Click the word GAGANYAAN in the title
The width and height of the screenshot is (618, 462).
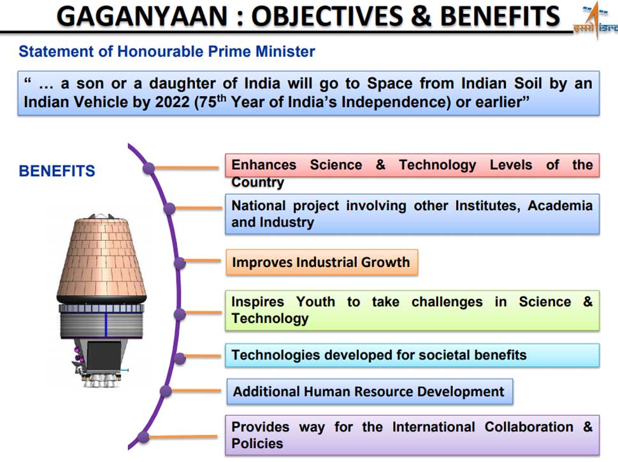142,17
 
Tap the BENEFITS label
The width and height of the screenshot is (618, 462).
57,171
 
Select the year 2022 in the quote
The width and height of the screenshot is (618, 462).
173,102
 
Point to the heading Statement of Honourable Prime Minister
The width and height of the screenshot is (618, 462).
167,52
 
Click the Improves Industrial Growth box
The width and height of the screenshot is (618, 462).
322,262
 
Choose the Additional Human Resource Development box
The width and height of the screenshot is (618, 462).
370,391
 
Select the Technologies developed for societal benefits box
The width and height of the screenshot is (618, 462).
412,355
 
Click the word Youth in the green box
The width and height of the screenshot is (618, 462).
315,302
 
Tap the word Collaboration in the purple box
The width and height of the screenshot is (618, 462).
529,427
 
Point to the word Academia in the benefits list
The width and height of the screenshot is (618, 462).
560,206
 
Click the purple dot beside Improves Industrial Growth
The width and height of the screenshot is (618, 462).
179,263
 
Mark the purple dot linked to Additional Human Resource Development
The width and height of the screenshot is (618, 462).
166,391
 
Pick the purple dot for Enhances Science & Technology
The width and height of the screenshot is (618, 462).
148,168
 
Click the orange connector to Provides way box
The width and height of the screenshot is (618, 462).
183,437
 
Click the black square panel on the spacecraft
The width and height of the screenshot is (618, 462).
104,356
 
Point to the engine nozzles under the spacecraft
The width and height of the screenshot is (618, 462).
101,380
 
